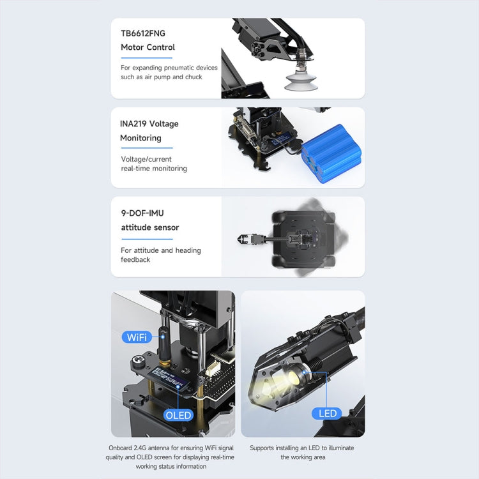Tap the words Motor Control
click(x=148, y=47)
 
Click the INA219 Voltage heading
click(x=149, y=124)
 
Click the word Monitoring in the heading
click(x=141, y=138)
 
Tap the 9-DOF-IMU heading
click(x=142, y=213)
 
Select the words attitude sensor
click(x=150, y=227)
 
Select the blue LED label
click(x=327, y=413)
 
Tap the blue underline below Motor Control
click(x=146, y=57)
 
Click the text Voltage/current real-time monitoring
click(x=154, y=164)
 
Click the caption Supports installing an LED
click(x=301, y=452)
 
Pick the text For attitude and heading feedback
click(x=160, y=255)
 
